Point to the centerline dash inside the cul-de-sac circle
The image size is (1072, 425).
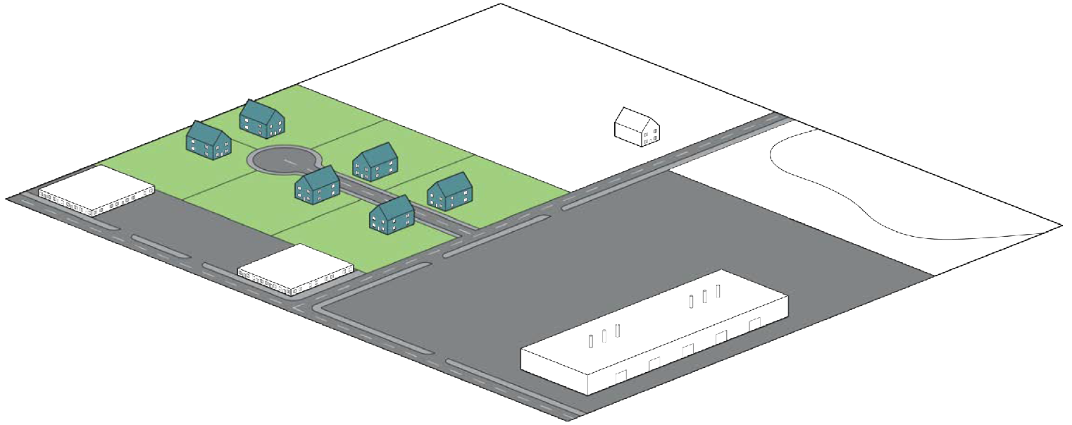coord(289,162)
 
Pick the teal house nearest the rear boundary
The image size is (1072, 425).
coord(262,118)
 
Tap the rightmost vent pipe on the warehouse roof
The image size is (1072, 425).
coord(718,290)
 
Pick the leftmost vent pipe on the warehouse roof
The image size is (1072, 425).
coord(590,341)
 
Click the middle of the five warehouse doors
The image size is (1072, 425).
coord(688,350)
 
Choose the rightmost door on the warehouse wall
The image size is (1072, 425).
coord(755,324)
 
